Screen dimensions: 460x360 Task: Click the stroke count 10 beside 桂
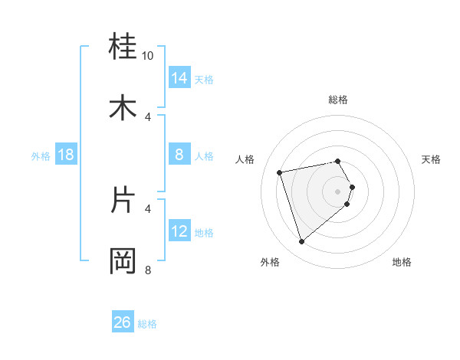point(148,56)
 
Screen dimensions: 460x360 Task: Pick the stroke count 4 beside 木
point(149,116)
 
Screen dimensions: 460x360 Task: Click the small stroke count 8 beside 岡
point(148,270)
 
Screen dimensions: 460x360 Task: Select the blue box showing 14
point(179,78)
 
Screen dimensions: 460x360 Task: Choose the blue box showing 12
point(179,231)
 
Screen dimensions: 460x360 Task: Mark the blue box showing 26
point(123,323)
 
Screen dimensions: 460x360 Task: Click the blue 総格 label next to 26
point(147,324)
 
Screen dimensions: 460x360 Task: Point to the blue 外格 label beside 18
point(41,156)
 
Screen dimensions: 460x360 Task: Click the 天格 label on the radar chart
point(432,159)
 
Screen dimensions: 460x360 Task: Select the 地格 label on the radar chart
point(402,262)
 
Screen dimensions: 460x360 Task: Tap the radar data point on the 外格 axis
point(302,242)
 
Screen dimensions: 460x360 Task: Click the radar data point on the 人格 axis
point(280,172)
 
